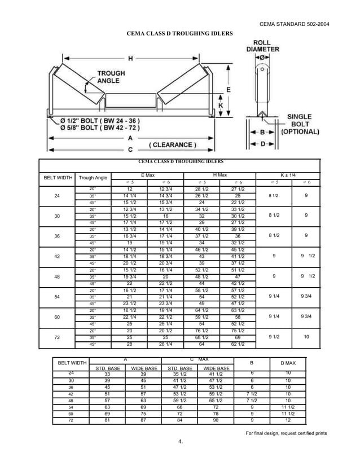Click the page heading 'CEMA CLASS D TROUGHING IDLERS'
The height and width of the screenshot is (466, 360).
pyautogui.click(x=179, y=34)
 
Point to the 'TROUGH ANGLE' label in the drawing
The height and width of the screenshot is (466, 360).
pyautogui.click(x=111, y=77)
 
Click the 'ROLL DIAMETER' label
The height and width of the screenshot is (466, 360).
pyautogui.click(x=262, y=46)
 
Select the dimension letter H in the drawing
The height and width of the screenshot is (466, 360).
pyautogui.click(x=131, y=58)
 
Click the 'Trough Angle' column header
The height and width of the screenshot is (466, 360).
pyautogui.click(x=93, y=178)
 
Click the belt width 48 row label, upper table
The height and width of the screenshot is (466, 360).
pyautogui.click(x=56, y=277)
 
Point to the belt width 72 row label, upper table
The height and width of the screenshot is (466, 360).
pyautogui.click(x=56, y=337)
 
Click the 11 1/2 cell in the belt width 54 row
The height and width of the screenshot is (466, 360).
pyautogui.click(x=288, y=407)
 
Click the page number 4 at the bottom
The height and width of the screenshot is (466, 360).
pyautogui.click(x=180, y=441)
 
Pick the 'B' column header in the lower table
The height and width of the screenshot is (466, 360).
pyautogui.click(x=252, y=363)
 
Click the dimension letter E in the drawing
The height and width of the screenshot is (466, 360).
pyautogui.click(x=228, y=90)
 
